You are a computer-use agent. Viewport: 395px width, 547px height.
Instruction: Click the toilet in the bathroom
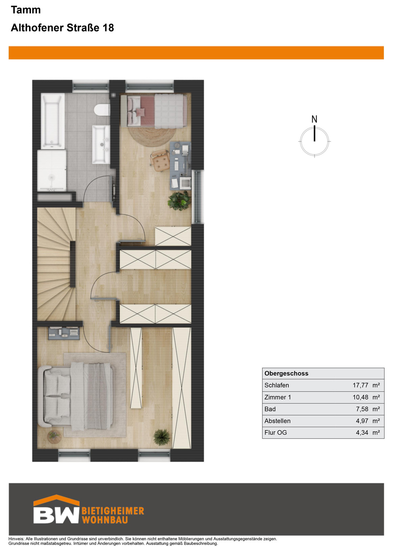coord(102,111)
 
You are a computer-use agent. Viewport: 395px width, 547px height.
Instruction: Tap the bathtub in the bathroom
coord(51,122)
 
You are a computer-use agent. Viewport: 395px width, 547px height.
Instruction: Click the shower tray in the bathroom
coord(52,170)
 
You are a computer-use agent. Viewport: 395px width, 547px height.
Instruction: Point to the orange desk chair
coord(160,160)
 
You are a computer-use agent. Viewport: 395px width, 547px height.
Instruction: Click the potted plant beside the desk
coord(179,201)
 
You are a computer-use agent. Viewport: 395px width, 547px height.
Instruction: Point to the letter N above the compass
coord(314,119)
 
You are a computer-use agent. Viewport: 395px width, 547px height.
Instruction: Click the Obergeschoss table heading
coord(286,373)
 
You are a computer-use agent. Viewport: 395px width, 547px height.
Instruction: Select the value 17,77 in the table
coord(360,385)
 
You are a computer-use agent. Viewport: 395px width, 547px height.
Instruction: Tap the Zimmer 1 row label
coord(277,397)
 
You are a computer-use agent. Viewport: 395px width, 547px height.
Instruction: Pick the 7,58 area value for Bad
coord(362,409)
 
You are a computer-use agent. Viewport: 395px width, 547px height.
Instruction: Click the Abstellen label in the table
coord(277,421)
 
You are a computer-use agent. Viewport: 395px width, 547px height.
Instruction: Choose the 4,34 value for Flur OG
coord(362,433)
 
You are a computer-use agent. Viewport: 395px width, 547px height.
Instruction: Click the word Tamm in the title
coord(26,10)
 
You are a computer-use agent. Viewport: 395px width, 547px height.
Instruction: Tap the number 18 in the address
coord(108,28)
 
